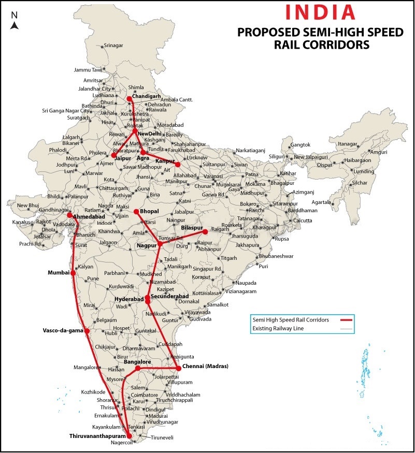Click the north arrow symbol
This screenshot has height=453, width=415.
tap(15, 23)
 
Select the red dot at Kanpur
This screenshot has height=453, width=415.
tap(178, 164)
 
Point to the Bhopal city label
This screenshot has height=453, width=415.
tap(149, 211)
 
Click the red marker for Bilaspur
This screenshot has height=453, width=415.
tap(205, 231)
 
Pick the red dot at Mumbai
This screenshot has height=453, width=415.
tap(73, 272)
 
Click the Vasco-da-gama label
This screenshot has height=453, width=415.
tap(63, 330)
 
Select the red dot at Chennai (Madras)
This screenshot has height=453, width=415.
tap(178, 368)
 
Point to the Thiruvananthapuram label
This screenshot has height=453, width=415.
tap(97, 436)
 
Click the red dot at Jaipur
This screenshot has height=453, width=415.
tap(113, 155)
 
